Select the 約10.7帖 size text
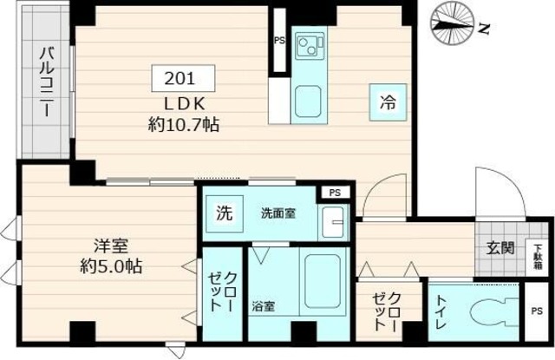pos(182,124)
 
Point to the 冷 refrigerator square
pos(386,101)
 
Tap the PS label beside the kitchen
pos(278,41)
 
